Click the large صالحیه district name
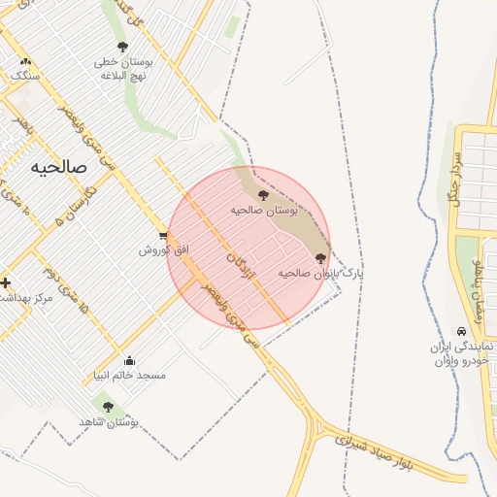pyautogui.click(x=58, y=166)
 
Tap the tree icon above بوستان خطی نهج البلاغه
pyautogui.click(x=122, y=47)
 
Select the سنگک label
pyautogui.click(x=19, y=75)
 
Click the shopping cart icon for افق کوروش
pyautogui.click(x=163, y=237)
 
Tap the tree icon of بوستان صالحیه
pyautogui.click(x=263, y=196)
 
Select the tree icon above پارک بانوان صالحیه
pyautogui.click(x=321, y=258)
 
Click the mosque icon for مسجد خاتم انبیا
pyautogui.click(x=130, y=361)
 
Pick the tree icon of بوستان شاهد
pyautogui.click(x=107, y=408)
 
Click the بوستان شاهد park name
pyautogui.click(x=109, y=422)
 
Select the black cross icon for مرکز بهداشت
pyautogui.click(x=6, y=283)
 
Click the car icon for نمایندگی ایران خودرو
pyautogui.click(x=461, y=331)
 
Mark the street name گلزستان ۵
pyautogui.click(x=55, y=207)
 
